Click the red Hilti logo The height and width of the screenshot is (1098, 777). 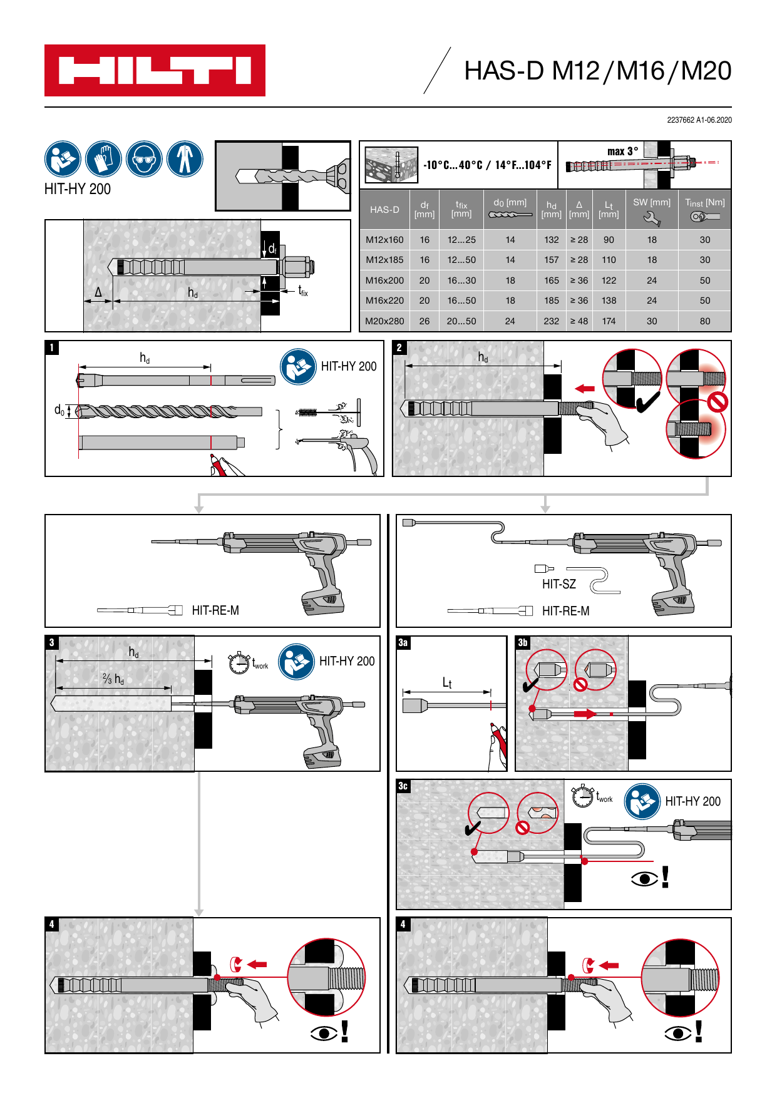155,70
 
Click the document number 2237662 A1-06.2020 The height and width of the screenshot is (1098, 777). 699,120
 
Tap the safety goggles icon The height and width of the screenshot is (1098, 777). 144,159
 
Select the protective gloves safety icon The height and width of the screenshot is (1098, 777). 103,159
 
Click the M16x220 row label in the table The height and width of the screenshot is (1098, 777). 384,300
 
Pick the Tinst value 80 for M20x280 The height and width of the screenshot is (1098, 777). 704,321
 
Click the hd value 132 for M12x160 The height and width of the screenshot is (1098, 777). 551,240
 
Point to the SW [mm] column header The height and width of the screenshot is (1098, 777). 651,203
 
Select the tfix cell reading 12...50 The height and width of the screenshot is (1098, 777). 461,260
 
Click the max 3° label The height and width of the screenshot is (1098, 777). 622,151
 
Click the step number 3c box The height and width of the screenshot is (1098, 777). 404,786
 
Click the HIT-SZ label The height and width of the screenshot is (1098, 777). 558,584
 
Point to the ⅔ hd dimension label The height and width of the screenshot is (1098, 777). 113,679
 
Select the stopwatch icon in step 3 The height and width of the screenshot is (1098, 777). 239,663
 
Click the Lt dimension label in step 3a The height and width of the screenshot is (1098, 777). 447,683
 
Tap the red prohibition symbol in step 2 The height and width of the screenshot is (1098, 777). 717,402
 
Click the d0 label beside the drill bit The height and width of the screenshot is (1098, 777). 59,410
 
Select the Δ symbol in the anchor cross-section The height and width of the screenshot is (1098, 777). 98,292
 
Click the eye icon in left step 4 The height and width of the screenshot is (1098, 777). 324,1032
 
